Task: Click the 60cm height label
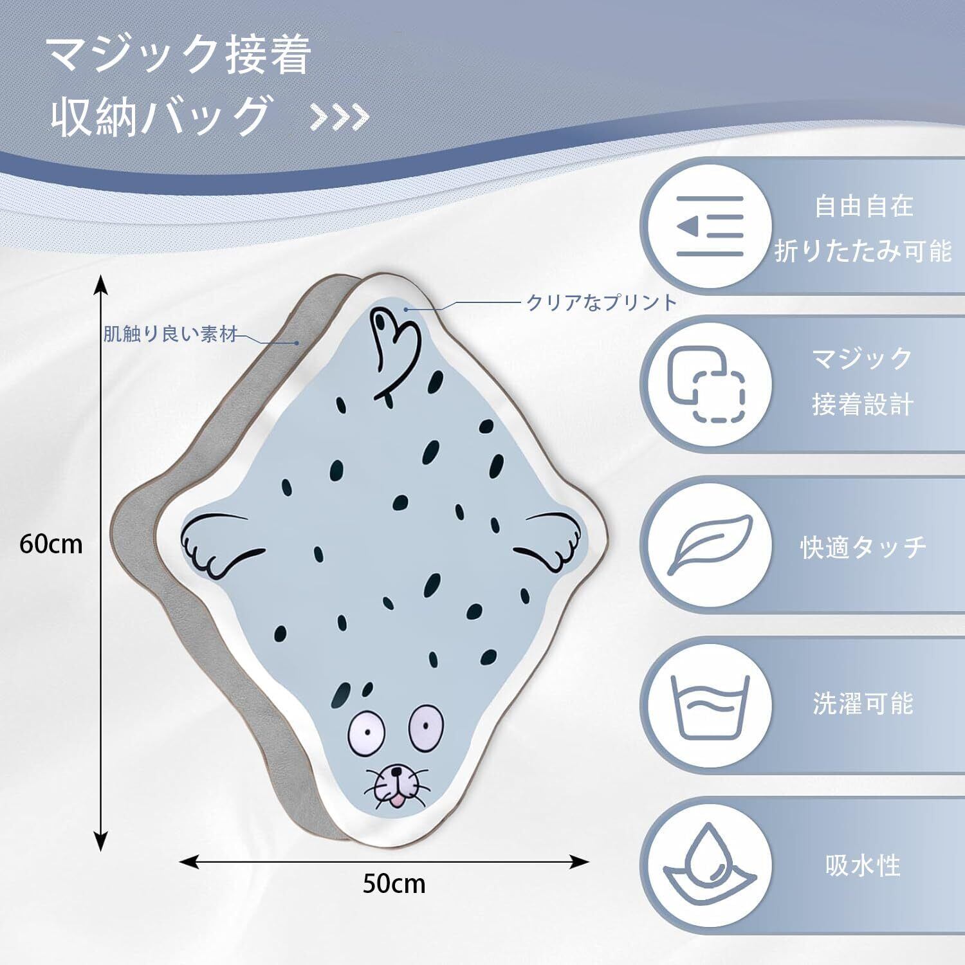[x=51, y=544]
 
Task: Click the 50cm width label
[x=394, y=883]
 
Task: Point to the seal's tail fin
[x=394, y=347]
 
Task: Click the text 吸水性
[x=863, y=865]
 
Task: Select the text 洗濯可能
[x=863, y=704]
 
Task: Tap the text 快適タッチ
[x=863, y=546]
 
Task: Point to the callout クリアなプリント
[x=602, y=302]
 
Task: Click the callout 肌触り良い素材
[x=170, y=335]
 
